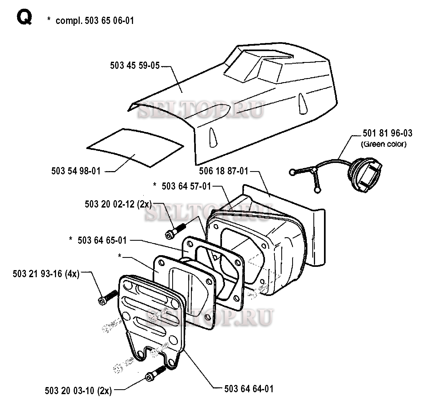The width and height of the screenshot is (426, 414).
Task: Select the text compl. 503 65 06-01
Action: (x=95, y=21)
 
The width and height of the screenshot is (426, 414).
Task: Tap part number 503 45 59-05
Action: (x=135, y=66)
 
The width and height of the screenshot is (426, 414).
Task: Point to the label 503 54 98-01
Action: (x=76, y=171)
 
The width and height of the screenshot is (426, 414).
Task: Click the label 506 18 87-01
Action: (x=224, y=171)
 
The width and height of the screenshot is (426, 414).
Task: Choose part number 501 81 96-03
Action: (x=387, y=133)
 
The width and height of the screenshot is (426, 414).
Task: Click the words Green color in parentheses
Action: (x=384, y=144)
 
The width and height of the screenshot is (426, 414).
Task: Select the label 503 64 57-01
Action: (x=186, y=186)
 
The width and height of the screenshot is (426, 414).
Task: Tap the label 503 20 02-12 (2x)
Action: (x=118, y=204)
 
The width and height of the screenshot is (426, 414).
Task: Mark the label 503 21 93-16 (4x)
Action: (x=46, y=274)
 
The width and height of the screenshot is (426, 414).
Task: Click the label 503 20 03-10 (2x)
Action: (x=78, y=391)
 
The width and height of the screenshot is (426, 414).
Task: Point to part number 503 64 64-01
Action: (x=249, y=389)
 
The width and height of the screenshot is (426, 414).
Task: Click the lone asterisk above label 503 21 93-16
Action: (x=119, y=256)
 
